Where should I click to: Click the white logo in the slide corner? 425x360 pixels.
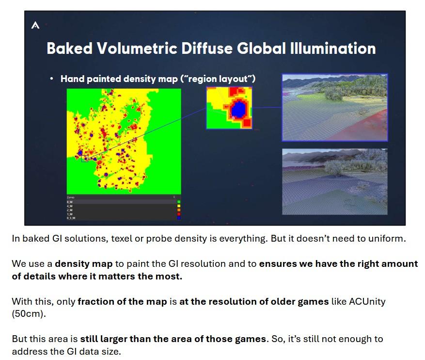(35, 25)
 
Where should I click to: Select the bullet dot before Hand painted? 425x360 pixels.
(51, 78)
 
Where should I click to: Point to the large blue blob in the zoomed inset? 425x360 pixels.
(238, 109)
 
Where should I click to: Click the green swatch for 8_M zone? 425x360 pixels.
(179, 202)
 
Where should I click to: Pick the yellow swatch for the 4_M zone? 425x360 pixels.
(179, 206)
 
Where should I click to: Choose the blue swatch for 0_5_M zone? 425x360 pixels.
(179, 218)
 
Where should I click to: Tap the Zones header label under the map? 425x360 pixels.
(71, 197)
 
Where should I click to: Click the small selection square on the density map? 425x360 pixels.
(85, 158)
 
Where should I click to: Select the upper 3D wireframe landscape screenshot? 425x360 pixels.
(334, 107)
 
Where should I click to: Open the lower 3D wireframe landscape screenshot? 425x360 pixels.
(334, 181)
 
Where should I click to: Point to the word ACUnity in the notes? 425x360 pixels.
(366, 301)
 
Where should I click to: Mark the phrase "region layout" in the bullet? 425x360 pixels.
(219, 79)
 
